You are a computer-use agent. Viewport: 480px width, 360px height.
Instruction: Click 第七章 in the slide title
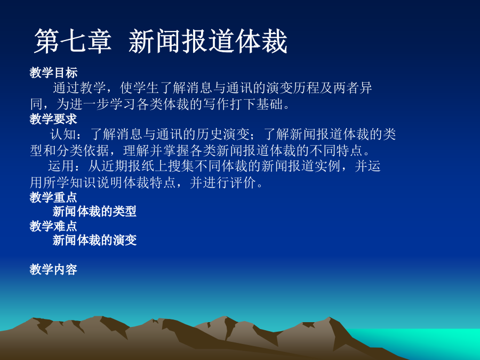(73, 42)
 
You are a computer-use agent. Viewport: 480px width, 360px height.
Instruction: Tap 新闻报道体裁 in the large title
(208, 42)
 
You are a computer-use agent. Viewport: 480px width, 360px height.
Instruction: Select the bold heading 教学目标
(53, 73)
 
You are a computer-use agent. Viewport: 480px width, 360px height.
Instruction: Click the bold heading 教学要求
(53, 119)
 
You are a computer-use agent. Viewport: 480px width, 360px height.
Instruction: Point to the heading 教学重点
(53, 197)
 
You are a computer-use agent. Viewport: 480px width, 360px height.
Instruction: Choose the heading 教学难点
(53, 226)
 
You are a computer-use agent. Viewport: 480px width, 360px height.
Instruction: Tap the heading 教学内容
(53, 269)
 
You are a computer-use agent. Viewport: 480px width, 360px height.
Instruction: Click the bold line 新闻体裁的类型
(94, 211)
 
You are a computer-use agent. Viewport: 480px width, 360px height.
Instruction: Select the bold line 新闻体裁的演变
(94, 241)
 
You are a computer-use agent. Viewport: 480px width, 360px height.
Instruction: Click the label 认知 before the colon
(63, 134)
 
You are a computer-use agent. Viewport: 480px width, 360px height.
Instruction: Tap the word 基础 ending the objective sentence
(269, 104)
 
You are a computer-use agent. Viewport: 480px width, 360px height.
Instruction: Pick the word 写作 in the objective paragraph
(216, 104)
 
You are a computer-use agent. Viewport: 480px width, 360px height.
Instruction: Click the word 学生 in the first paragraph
(146, 88)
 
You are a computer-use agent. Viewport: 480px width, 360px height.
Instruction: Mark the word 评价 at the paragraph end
(243, 183)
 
